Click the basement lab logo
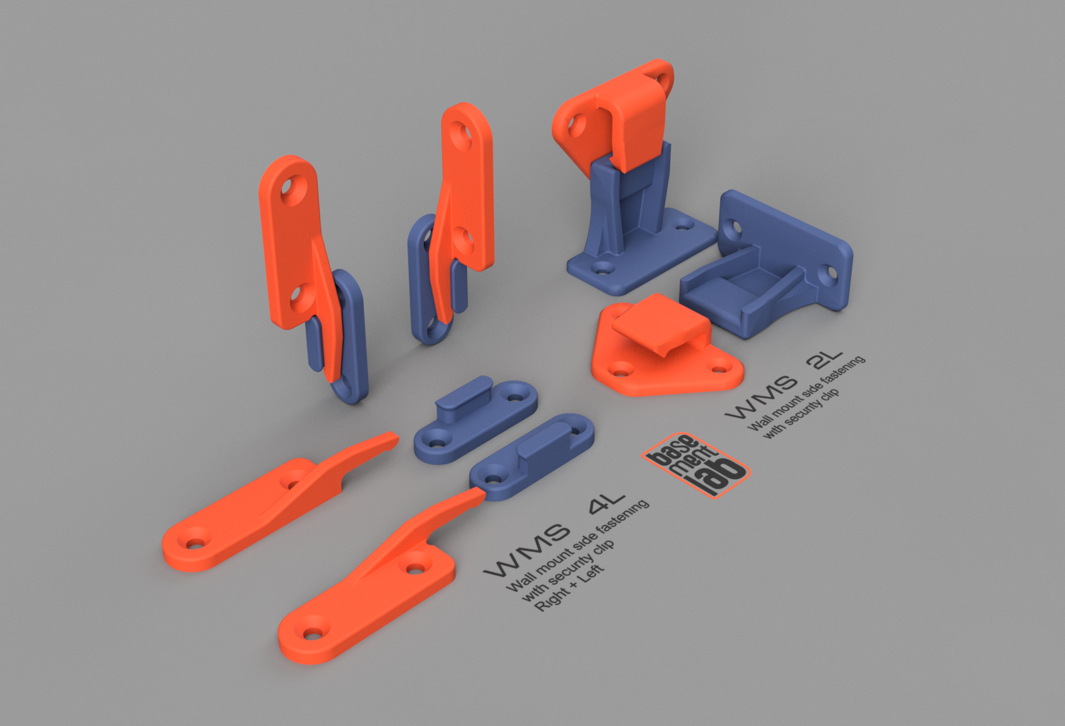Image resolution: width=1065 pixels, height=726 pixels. coord(695,465)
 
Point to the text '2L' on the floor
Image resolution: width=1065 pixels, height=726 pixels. coord(825,361)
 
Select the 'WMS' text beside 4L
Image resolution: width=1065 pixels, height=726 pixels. coord(526,550)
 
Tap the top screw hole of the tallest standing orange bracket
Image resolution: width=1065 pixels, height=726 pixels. coord(461,131)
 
